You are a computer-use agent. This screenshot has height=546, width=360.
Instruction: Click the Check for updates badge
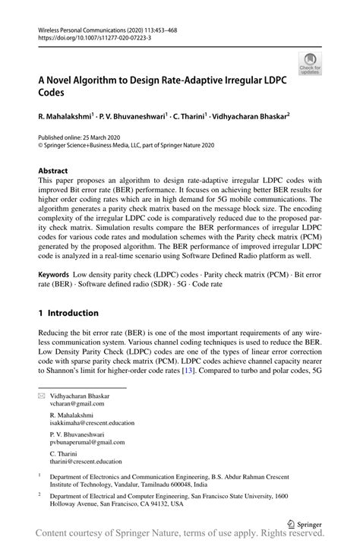coord(309,64)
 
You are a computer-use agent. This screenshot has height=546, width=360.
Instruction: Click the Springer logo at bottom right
coord(304,523)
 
